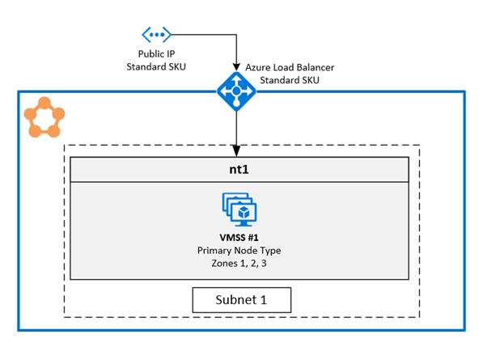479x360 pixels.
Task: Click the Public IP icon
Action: pyautogui.click(x=156, y=34)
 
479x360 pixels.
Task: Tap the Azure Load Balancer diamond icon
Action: pyautogui.click(x=235, y=91)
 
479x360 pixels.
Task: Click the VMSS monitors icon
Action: pyautogui.click(x=239, y=210)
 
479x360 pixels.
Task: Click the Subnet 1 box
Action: pyautogui.click(x=240, y=300)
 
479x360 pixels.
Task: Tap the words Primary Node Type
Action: pyautogui.click(x=239, y=251)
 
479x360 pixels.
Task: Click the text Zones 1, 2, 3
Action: pyautogui.click(x=239, y=264)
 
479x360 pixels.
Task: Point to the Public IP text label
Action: pyautogui.click(x=155, y=53)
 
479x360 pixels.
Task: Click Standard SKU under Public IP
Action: pyautogui.click(x=155, y=66)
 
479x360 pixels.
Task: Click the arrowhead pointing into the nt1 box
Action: pyautogui.click(x=235, y=151)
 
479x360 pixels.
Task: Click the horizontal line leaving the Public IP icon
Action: pyautogui.click(x=202, y=34)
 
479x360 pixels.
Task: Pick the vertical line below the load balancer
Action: pyautogui.click(x=235, y=129)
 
